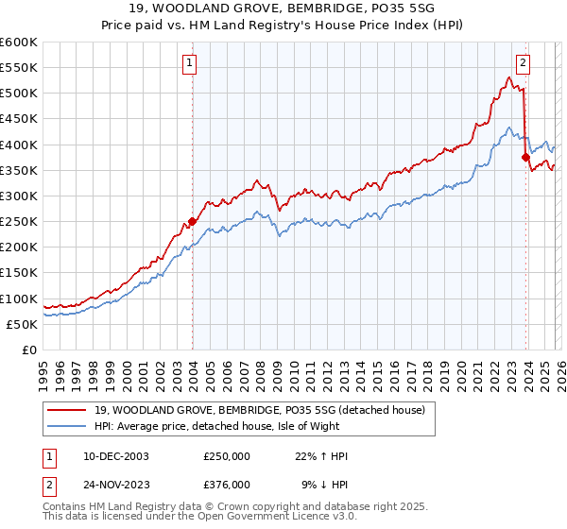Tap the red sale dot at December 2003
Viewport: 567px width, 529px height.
point(192,222)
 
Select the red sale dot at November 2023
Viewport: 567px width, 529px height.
point(525,158)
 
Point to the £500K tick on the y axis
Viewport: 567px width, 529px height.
point(19,94)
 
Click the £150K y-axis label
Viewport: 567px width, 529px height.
point(19,273)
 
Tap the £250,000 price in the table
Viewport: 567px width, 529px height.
point(227,456)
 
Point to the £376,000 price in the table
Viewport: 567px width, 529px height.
point(227,484)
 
